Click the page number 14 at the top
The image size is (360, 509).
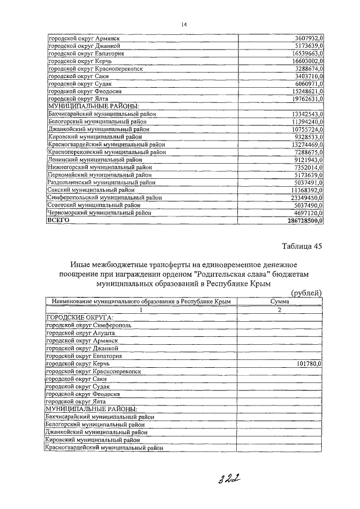coord(184,24)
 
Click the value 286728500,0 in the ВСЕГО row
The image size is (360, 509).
coord(299,222)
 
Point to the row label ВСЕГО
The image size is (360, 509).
coord(59,222)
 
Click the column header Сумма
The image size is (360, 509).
coord(280,302)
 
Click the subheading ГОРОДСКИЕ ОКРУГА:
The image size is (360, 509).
coord(76,318)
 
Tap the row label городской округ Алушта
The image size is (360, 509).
coord(80,333)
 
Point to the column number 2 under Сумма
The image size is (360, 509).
coord(280,310)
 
